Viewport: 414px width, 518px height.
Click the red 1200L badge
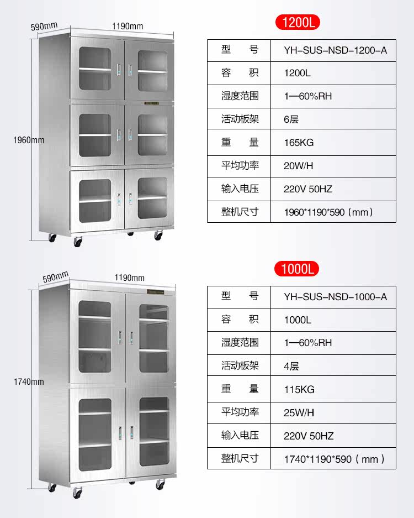[x=298, y=23]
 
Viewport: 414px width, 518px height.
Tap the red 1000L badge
[x=296, y=269]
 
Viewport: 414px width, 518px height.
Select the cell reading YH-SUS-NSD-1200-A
[x=335, y=50]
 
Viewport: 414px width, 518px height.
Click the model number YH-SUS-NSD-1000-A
[x=335, y=297]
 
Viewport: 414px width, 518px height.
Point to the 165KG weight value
[x=299, y=143]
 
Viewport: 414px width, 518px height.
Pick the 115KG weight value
[x=299, y=389]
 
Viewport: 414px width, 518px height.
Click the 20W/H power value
[x=298, y=165]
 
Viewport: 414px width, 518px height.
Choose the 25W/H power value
[x=299, y=412]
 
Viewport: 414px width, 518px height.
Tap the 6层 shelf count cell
[x=291, y=119]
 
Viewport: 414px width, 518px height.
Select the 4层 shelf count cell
[x=291, y=366]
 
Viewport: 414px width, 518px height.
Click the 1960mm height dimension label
[x=29, y=140]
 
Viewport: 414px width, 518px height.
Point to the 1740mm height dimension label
[x=29, y=381]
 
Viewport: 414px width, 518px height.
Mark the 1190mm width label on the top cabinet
[x=128, y=26]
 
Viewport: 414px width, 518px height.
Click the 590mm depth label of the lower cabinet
[x=55, y=276]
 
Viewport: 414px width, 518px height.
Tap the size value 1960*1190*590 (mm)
[x=328, y=212]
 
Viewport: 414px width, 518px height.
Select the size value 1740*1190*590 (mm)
[x=334, y=458]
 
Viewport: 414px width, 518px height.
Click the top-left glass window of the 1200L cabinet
[x=95, y=69]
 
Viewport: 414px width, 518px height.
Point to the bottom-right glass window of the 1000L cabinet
[x=154, y=431]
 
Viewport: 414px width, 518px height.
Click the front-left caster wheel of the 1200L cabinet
[x=78, y=242]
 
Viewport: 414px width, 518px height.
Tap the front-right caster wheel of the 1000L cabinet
[x=160, y=485]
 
